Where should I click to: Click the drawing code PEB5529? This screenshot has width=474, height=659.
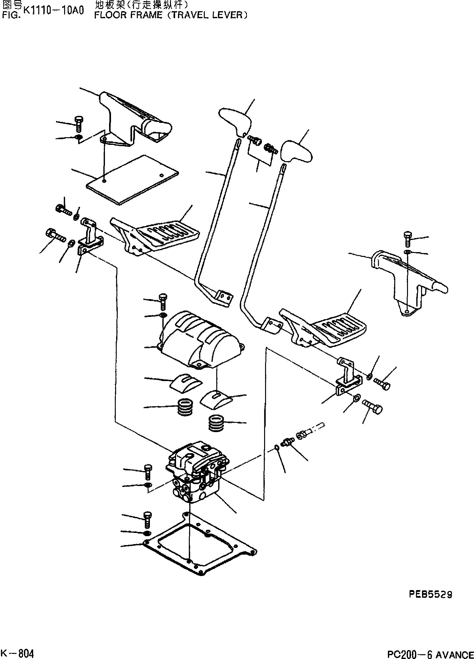(x=430, y=595)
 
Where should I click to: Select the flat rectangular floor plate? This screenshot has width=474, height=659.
(x=132, y=181)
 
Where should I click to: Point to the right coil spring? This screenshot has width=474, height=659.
(x=216, y=423)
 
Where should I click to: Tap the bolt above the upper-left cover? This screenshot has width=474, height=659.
(x=78, y=124)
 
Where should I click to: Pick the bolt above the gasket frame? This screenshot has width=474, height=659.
(x=147, y=519)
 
